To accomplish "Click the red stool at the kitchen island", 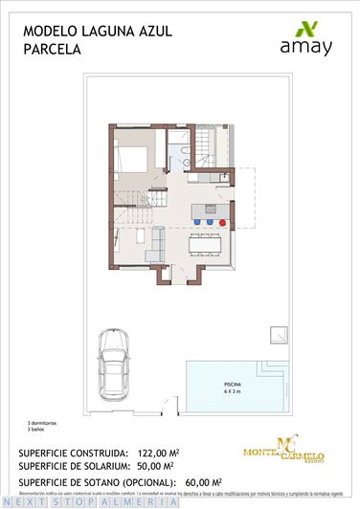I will pos(223,221).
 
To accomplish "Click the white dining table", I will pos(207,246).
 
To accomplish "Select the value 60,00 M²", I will pos(209,481).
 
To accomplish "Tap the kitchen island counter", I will pos(209,210).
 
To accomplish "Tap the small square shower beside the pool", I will pos(279,334).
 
